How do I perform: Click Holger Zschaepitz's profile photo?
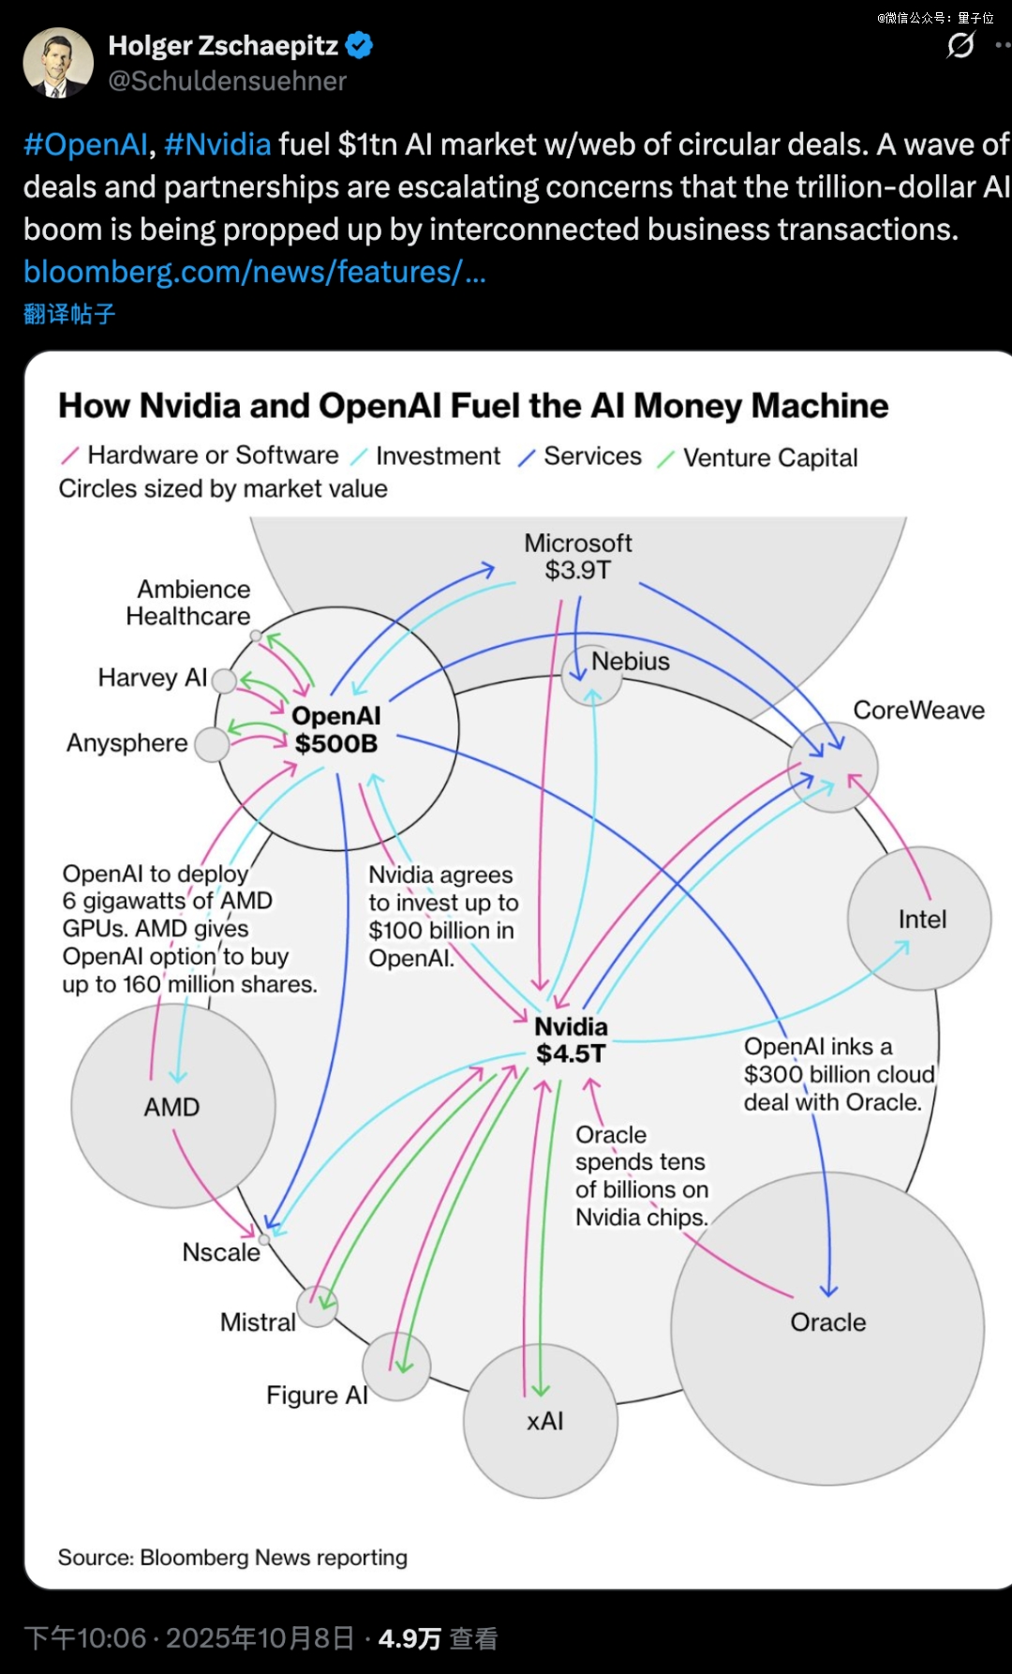click(x=58, y=63)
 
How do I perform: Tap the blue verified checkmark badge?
click(x=360, y=45)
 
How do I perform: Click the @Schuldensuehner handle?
click(x=228, y=82)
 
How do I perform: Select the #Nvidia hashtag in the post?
click(x=217, y=144)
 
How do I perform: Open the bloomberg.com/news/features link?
click(x=254, y=272)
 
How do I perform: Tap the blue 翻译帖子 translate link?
click(x=69, y=314)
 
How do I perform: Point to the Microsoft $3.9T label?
click(x=578, y=556)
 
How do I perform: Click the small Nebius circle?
click(x=591, y=676)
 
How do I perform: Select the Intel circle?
click(x=919, y=919)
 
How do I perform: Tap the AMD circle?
click(x=172, y=1106)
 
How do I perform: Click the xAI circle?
click(x=541, y=1421)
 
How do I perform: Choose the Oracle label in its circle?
click(x=828, y=1322)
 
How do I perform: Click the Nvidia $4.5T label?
click(x=571, y=1039)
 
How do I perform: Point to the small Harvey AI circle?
click(x=224, y=680)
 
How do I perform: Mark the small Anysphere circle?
click(x=212, y=745)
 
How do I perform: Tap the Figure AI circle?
click(x=396, y=1367)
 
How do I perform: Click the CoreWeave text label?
click(x=918, y=710)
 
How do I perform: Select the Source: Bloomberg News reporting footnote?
click(x=232, y=1557)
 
